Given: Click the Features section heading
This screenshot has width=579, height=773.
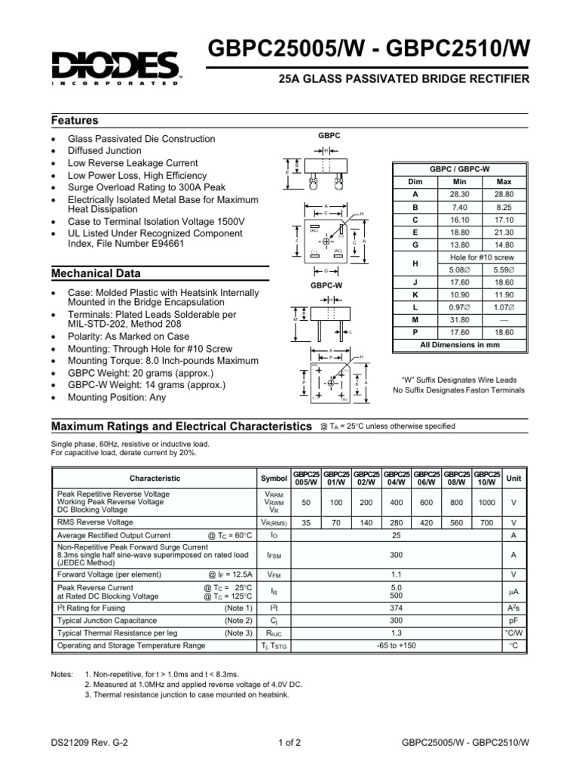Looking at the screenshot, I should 75,121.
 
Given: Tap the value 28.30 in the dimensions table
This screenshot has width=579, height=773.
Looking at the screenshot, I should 460,194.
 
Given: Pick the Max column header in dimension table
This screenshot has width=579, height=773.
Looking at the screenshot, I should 503,182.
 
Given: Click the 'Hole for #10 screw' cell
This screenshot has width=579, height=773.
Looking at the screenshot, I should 482,257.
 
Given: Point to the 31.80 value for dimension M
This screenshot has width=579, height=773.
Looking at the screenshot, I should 460,319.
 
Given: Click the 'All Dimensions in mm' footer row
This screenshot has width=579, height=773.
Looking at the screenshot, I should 460,344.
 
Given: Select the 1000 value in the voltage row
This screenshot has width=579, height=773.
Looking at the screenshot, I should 487,501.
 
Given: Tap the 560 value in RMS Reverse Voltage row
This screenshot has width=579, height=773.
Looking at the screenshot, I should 458,522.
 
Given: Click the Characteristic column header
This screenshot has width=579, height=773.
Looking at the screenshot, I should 155,478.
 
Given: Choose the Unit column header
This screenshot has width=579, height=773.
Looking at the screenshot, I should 513,478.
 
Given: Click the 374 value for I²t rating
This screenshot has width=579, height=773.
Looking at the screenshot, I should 397,608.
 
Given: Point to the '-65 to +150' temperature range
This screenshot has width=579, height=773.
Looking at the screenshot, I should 397,645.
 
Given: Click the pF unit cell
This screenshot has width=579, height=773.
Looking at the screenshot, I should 513,621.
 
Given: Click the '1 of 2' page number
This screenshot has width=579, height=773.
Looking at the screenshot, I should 289,742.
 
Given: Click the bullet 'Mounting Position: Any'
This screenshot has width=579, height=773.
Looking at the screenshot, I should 117,396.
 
